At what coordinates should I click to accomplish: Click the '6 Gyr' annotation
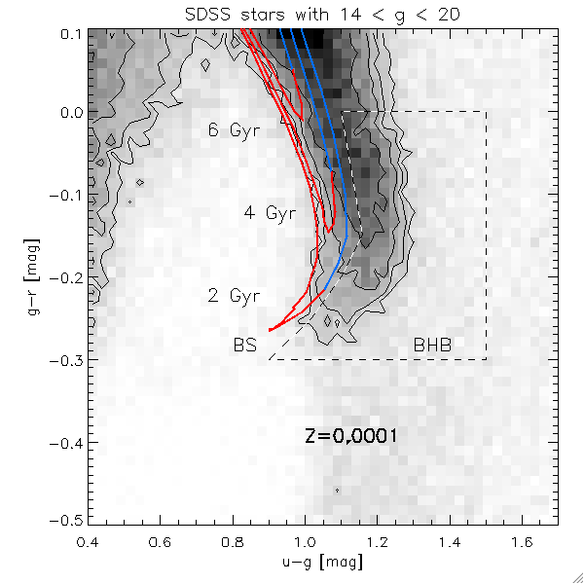pyautogui.click(x=234, y=131)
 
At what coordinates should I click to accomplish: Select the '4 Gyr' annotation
pyautogui.click(x=270, y=213)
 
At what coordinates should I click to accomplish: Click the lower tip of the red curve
pyautogui.click(x=270, y=330)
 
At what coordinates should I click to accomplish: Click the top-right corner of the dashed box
pyautogui.click(x=486, y=112)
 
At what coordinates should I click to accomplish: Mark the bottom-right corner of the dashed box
pyautogui.click(x=486, y=359)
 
